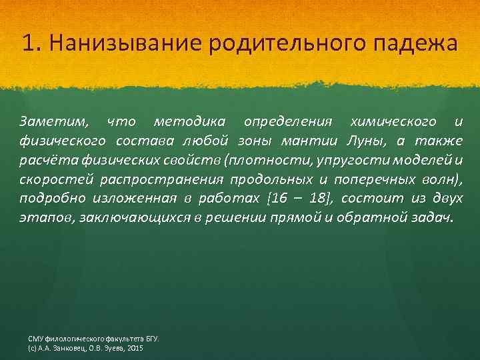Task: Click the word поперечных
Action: tap(355, 180)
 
